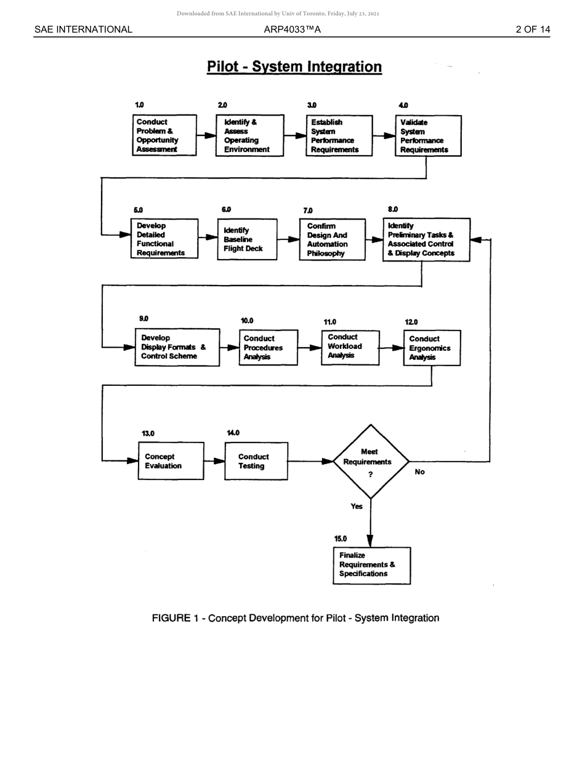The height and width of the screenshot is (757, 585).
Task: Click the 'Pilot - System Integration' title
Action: pos(294,66)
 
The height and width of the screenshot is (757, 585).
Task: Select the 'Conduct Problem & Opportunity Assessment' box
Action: pos(164,135)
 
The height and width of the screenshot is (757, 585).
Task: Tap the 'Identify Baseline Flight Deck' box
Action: pos(247,239)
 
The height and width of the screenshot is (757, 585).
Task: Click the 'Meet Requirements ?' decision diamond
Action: pos(371,461)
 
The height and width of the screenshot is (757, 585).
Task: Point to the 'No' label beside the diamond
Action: pos(420,472)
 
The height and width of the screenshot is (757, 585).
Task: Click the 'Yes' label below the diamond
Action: pos(357,507)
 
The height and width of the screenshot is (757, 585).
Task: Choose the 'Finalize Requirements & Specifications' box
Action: pos(371,565)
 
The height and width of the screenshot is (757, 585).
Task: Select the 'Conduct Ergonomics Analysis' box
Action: pos(432,348)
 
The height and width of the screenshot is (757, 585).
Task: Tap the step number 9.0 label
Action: pos(143,319)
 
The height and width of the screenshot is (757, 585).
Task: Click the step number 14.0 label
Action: pos(233,433)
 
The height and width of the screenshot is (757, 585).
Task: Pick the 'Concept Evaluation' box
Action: pos(171,461)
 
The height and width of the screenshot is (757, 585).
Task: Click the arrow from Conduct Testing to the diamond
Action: pos(310,461)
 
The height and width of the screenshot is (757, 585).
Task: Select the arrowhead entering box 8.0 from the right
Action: pos(475,239)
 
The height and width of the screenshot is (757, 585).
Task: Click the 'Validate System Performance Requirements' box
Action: pos(428,136)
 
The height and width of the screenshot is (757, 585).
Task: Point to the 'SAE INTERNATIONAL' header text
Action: pos(83,30)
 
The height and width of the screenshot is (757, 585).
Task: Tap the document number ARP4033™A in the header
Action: pos(292,30)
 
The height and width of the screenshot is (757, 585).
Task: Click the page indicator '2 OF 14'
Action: pos(533,30)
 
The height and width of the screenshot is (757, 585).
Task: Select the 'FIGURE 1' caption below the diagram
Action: pos(295,618)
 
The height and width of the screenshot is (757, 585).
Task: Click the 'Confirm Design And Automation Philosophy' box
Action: pos(332,239)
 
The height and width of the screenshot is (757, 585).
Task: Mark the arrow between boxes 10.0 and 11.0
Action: pos(309,348)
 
